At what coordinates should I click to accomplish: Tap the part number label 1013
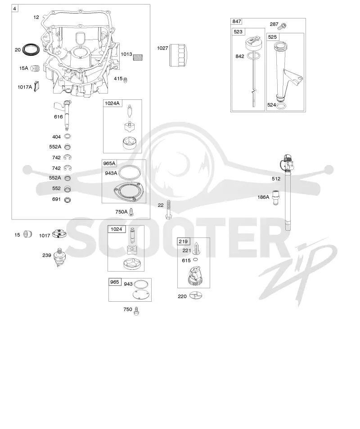pos(126,54)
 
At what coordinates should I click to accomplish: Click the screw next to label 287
pos(282,26)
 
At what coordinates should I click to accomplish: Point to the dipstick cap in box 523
pos(253,44)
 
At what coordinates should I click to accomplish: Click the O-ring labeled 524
pos(280,106)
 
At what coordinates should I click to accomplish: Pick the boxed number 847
pos(237,21)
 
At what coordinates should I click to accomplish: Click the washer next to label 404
pos(67,136)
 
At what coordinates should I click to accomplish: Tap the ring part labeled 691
pos(67,200)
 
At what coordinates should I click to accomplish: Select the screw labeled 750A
pos(132,212)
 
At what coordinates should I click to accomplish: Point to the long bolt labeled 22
pos(168,210)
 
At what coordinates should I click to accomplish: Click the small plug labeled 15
pos(27,234)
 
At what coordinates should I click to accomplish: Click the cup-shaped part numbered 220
pos(196,296)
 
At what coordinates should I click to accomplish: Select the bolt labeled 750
pos(136,311)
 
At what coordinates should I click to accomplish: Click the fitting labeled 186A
pos(276,198)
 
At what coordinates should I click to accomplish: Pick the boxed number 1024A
pos(112,103)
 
